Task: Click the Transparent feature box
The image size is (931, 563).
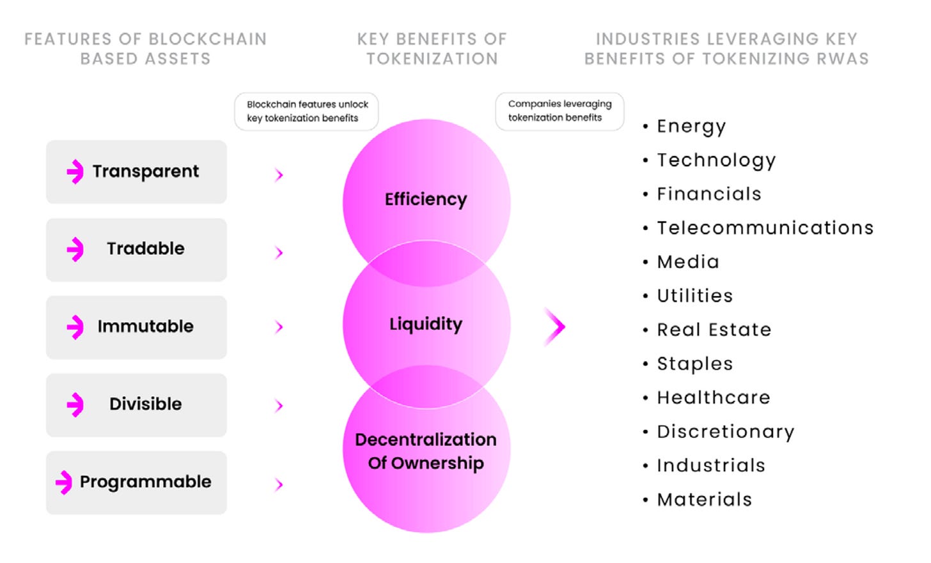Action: click(136, 172)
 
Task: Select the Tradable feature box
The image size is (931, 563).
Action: click(136, 249)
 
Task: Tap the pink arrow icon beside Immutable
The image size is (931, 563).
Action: click(75, 327)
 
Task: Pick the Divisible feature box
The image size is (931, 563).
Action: click(136, 405)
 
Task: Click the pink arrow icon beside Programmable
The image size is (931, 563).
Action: click(64, 482)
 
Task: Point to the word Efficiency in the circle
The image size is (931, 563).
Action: click(426, 199)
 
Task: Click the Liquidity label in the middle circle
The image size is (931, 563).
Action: click(426, 324)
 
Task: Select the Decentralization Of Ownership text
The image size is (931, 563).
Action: click(426, 451)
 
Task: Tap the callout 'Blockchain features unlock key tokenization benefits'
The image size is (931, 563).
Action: click(306, 111)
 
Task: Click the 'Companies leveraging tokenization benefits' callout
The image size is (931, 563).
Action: click(559, 111)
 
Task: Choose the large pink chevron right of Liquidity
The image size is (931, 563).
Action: click(555, 327)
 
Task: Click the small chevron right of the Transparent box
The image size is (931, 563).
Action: click(279, 174)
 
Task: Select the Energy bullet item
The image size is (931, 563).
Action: click(691, 127)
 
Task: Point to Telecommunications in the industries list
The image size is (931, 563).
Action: click(765, 228)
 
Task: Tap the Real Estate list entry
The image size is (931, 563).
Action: click(714, 330)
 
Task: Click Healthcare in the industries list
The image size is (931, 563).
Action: click(714, 397)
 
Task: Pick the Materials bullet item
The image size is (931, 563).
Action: click(704, 499)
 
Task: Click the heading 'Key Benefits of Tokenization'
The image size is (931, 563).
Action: click(432, 49)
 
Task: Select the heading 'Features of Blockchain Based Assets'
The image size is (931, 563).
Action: click(146, 49)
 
